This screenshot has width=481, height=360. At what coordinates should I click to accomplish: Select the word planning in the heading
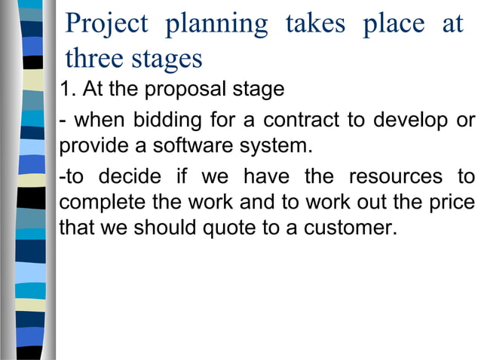point(216,24)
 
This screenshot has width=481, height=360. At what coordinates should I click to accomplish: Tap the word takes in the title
point(314,23)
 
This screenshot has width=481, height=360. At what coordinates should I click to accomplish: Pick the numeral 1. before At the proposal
point(68,89)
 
